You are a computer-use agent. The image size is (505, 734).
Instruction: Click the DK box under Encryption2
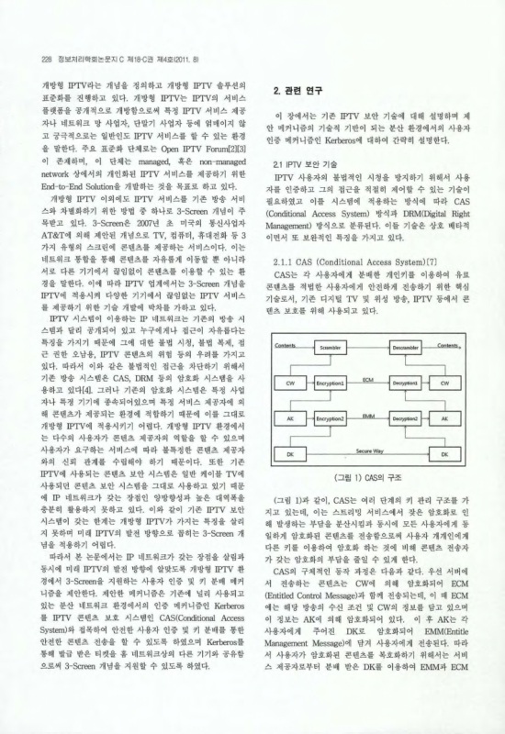pyautogui.click(x=291, y=453)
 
